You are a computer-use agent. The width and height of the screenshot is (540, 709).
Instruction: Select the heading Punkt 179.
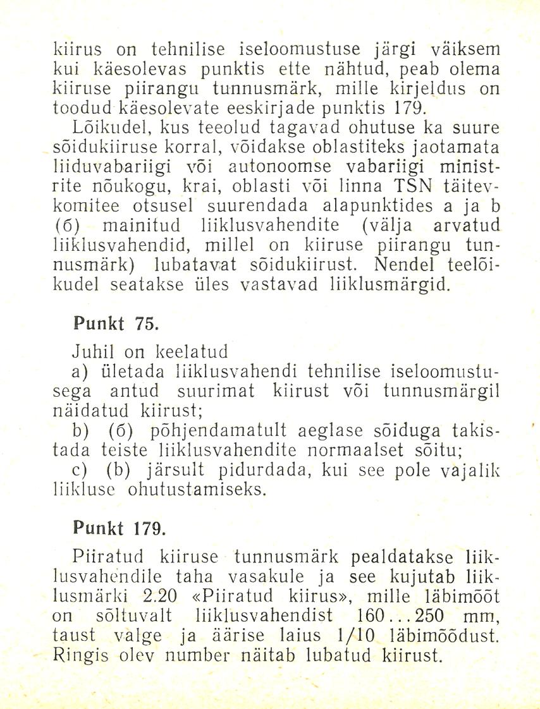(x=118, y=528)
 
